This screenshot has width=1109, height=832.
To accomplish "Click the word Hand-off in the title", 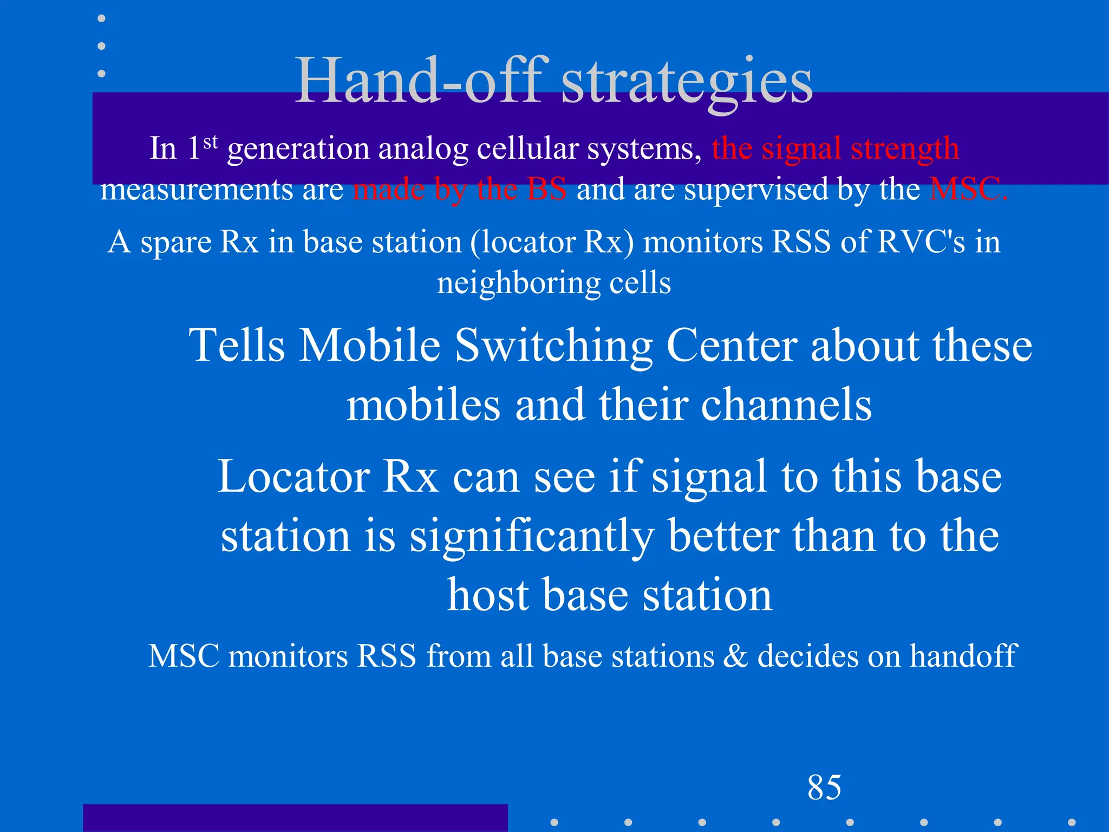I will coord(420,81).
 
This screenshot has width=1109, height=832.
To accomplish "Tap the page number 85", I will coord(824,787).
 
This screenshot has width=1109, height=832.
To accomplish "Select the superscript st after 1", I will coord(211,142).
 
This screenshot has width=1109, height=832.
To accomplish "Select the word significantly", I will coord(532,536).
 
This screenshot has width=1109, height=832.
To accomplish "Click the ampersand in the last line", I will coord(736,656).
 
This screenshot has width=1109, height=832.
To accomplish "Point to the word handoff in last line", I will coord(963,656).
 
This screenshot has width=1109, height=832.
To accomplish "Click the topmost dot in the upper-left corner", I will coord(101,18).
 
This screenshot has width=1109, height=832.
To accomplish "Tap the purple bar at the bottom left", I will coord(295,818).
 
